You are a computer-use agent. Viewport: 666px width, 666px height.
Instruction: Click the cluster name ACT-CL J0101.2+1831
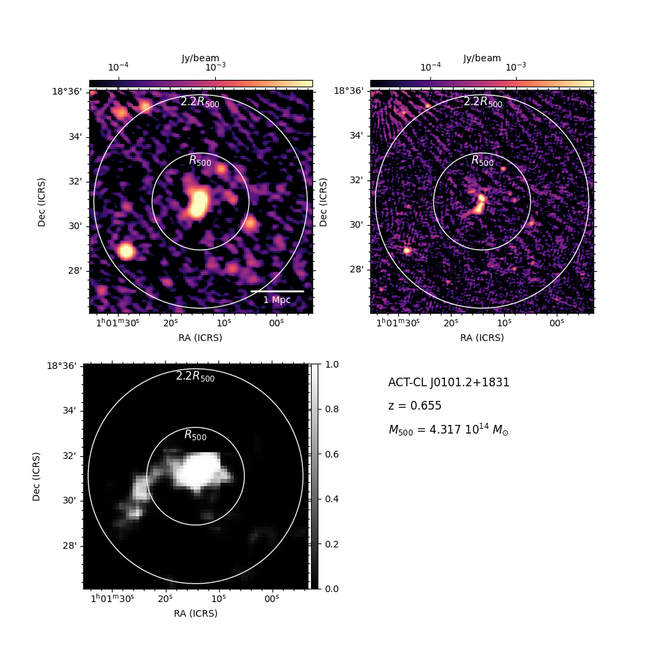click(448, 382)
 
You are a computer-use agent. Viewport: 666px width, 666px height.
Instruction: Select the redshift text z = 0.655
click(414, 406)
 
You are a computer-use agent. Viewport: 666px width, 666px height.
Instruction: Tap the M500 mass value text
click(448, 430)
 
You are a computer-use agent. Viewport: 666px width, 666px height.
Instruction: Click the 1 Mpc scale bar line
click(277, 292)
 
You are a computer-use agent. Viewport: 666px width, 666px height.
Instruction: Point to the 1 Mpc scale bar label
click(277, 300)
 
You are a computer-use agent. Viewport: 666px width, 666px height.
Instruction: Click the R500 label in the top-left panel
click(200, 161)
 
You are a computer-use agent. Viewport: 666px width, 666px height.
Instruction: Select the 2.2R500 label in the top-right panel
click(482, 102)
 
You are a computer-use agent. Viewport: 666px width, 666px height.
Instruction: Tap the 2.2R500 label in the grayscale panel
click(195, 376)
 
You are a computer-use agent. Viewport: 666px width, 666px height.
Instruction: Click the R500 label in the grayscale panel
click(195, 435)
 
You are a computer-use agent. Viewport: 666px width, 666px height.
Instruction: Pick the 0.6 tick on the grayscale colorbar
click(332, 454)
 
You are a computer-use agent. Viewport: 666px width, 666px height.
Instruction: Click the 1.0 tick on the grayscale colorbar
click(332, 364)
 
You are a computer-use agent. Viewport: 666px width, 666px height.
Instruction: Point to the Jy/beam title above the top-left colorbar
click(200, 58)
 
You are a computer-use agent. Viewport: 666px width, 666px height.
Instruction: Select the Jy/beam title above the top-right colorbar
click(482, 58)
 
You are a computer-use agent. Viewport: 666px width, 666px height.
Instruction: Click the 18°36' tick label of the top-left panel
click(67, 91)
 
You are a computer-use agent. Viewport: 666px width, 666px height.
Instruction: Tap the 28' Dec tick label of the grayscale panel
click(70, 545)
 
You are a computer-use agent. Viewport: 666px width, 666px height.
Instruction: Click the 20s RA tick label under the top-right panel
click(451, 323)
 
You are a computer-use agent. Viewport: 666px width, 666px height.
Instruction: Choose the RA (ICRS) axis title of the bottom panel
click(196, 613)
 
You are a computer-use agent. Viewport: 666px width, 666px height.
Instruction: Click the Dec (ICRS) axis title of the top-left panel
click(41, 202)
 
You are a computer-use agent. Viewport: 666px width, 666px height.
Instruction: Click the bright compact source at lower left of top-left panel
click(126, 250)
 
